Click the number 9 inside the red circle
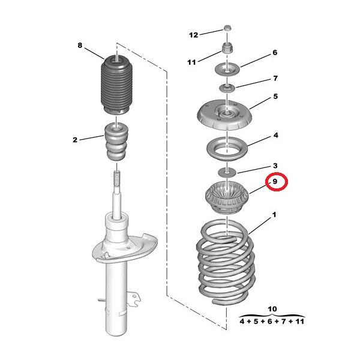point(275,181)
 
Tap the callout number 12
point(193,35)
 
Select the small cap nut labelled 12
point(227,28)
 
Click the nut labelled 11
point(227,48)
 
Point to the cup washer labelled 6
point(227,68)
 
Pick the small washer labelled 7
point(227,88)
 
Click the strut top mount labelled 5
point(224,115)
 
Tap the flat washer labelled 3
point(227,172)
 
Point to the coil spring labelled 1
point(226,262)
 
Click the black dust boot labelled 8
point(116,85)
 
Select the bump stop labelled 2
point(116,142)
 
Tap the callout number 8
point(80,45)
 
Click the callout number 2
point(75,140)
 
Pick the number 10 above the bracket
point(272,309)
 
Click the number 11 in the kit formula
point(299,321)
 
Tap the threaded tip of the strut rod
point(117,176)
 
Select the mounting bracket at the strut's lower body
point(133,299)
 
